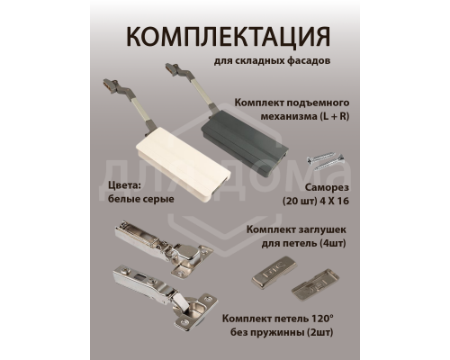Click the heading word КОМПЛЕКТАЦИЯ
click(225, 37)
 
